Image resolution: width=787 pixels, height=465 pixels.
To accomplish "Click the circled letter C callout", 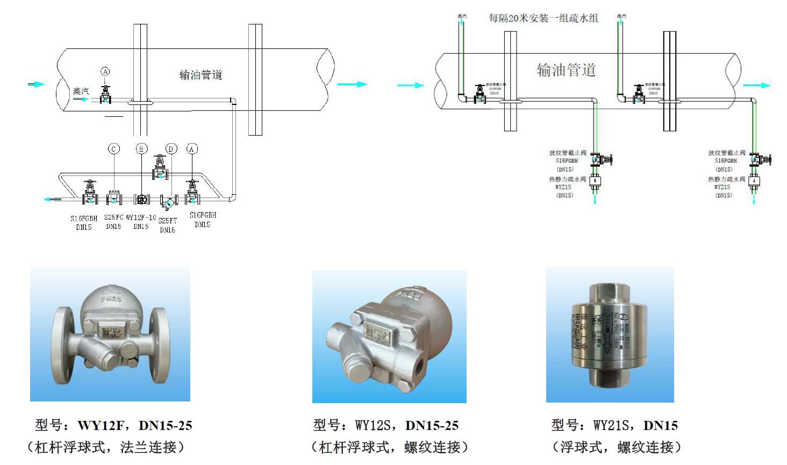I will (114, 149).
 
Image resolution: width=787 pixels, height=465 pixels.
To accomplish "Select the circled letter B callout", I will (141, 149).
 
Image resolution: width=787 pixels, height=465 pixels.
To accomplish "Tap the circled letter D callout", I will (171, 149).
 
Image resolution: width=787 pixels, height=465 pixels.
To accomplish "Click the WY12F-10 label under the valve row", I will (141, 218).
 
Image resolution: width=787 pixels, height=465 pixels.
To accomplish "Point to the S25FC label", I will (113, 217).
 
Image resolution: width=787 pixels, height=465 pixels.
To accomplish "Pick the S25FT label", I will (167, 221).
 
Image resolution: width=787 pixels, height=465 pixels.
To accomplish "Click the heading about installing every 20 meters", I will (543, 18).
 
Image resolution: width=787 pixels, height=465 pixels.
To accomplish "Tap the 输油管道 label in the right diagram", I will (566, 70).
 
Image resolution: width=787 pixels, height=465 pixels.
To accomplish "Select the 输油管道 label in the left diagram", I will (201, 75).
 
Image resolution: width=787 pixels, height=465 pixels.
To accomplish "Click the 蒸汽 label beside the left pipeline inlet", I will (81, 91).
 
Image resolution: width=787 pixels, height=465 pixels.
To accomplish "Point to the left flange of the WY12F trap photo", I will (62, 345).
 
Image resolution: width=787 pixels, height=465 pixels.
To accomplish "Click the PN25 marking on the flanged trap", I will (111, 298).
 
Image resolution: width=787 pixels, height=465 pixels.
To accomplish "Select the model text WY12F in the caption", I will (101, 426).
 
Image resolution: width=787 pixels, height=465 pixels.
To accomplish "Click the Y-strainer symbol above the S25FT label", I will (168, 202).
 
